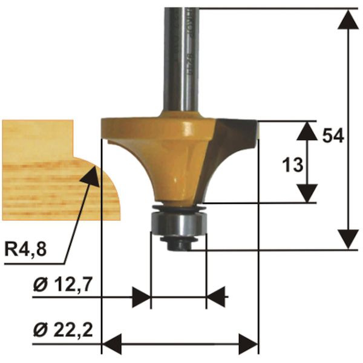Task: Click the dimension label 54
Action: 333,136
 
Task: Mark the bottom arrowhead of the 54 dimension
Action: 348,238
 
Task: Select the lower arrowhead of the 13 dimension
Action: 308,193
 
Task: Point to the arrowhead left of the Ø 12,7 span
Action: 141,297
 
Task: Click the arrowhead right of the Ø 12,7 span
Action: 216,297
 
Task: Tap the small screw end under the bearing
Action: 179,244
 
